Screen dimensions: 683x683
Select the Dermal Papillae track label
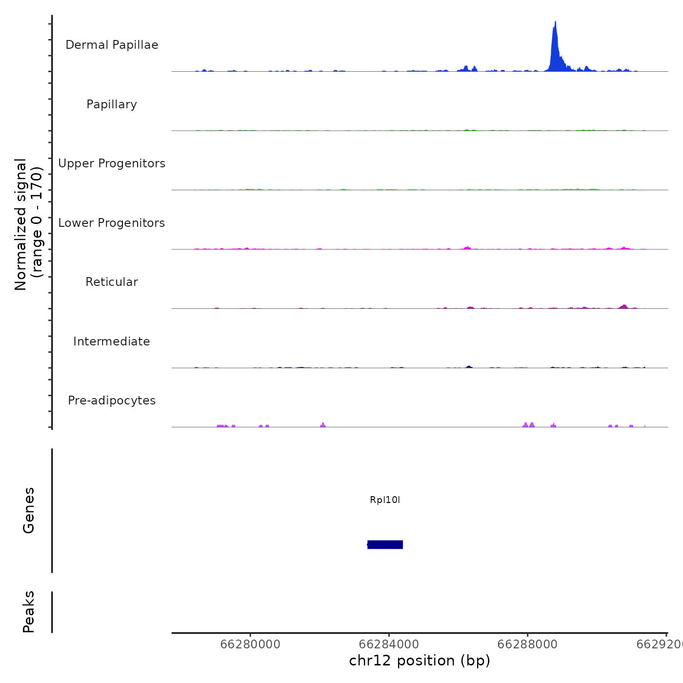pos(112,45)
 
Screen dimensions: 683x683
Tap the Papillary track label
pos(112,104)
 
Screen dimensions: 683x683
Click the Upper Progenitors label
pos(112,163)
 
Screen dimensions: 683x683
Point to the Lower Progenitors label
pos(112,223)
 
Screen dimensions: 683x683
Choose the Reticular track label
pos(112,282)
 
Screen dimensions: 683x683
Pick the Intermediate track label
pos(112,341)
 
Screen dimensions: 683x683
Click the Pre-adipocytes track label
pos(112,401)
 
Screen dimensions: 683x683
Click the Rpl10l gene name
pos(385,500)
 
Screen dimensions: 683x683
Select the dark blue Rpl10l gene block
pos(385,544)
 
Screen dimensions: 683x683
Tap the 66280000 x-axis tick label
pos(250,644)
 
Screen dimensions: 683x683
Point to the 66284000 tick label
pos(389,644)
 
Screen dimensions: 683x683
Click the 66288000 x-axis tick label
pos(527,644)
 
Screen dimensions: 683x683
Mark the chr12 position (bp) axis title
pos(420,661)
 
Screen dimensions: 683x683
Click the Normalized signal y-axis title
pos(28,224)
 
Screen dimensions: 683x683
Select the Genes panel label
pos(29,510)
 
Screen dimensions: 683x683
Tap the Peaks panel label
pos(29,612)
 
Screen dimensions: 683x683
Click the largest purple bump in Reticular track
pos(624,306)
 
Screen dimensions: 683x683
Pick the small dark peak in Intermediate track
pos(469,366)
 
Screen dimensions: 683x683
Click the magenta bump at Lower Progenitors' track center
pos(467,248)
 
